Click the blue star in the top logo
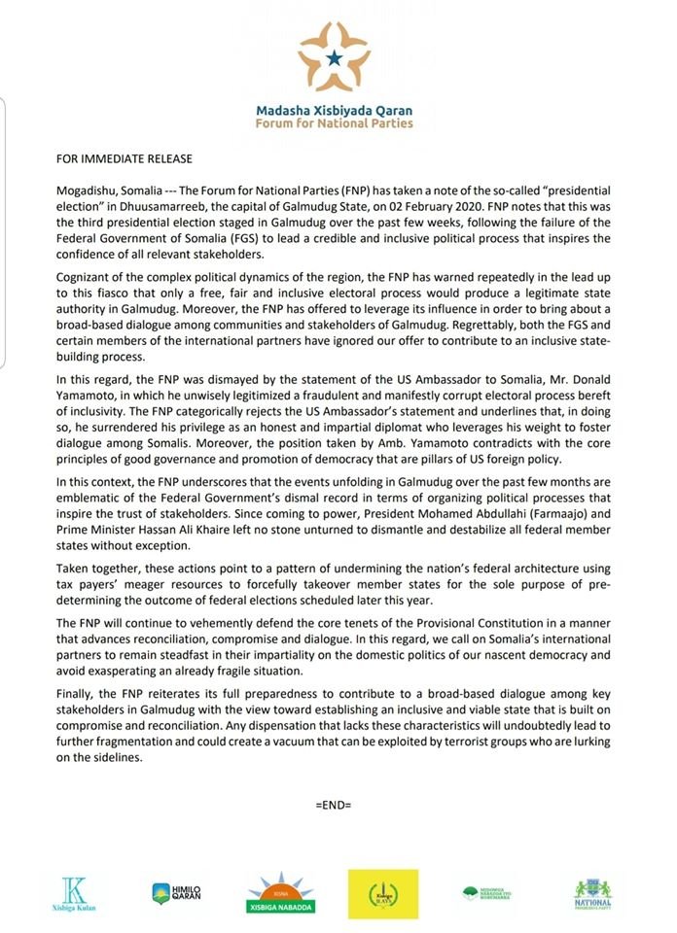click(335, 60)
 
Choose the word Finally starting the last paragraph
click(75, 695)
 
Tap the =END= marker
click(334, 806)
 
